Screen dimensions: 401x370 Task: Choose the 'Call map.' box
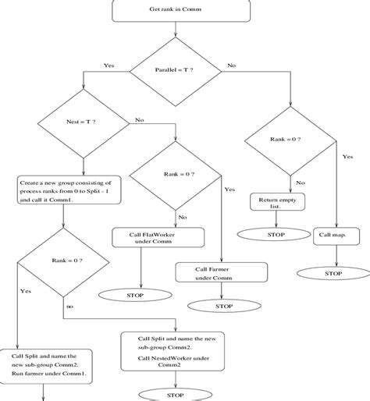click(333, 234)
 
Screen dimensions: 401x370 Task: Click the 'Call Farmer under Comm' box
click(222, 272)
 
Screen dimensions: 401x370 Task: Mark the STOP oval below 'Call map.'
click(333, 274)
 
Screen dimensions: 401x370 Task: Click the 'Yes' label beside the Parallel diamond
click(109, 66)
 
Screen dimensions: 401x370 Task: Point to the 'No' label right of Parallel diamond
click(232, 66)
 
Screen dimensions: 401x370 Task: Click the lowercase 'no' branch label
click(69, 307)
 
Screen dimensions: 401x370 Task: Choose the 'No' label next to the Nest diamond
click(140, 120)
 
